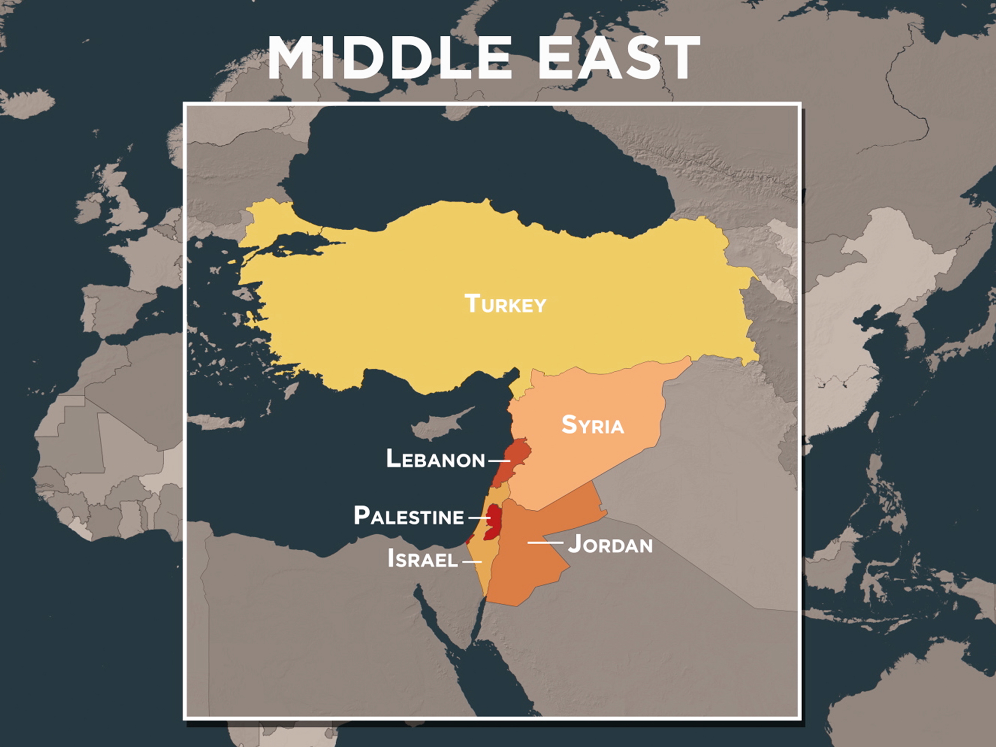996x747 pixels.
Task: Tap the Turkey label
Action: (505, 303)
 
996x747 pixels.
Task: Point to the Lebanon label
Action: (435, 459)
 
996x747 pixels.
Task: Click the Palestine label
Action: (409, 516)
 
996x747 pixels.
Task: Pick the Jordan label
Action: (610, 544)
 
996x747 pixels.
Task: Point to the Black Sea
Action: (450, 171)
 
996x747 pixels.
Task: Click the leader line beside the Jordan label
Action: (545, 543)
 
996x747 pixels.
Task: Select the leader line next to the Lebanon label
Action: (499, 461)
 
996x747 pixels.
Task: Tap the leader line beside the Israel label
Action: (472, 562)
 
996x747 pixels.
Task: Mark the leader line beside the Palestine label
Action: (479, 518)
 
